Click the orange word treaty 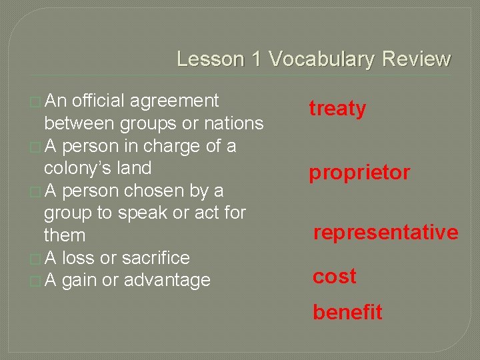[x=337, y=109]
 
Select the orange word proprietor [x=359, y=173]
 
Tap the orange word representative [x=386, y=232]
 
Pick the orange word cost [x=335, y=276]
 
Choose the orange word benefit [x=348, y=312]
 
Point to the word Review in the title [x=416, y=59]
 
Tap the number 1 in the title [x=257, y=59]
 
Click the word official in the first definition [x=98, y=101]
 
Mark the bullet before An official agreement [x=35, y=102]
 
